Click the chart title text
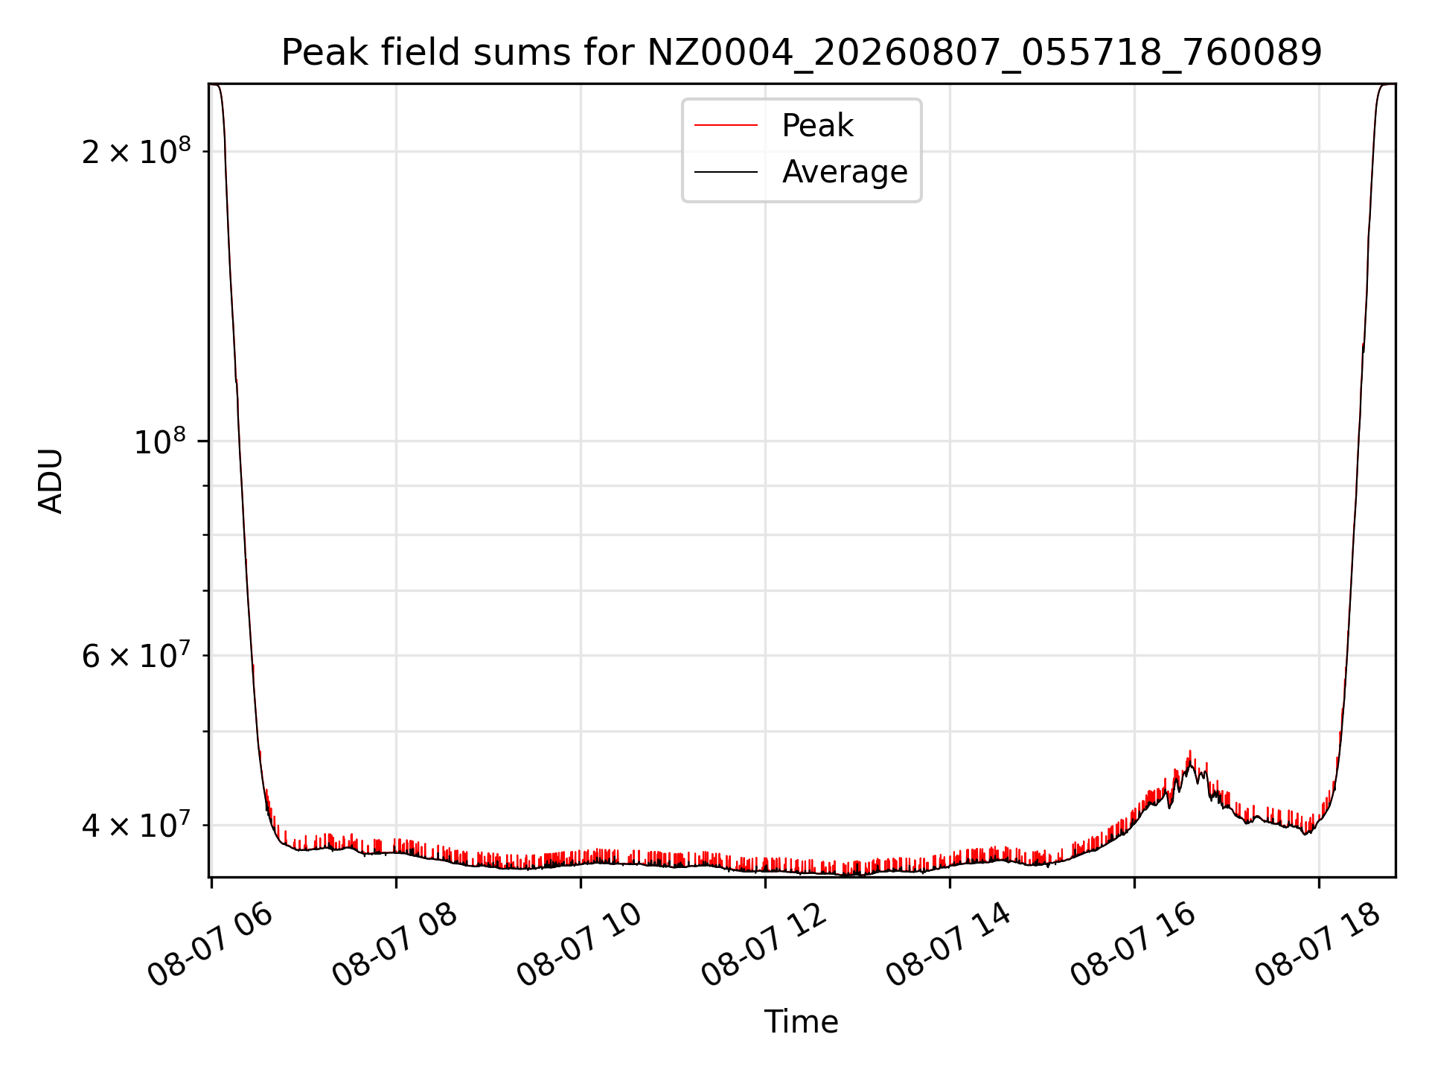tap(802, 53)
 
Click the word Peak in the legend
tap(817, 125)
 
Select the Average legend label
tap(845, 172)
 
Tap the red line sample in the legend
tap(726, 125)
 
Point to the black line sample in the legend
tap(726, 172)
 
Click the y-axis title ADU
tap(51, 481)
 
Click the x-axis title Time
tap(802, 1022)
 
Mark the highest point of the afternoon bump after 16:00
tap(1190, 750)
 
